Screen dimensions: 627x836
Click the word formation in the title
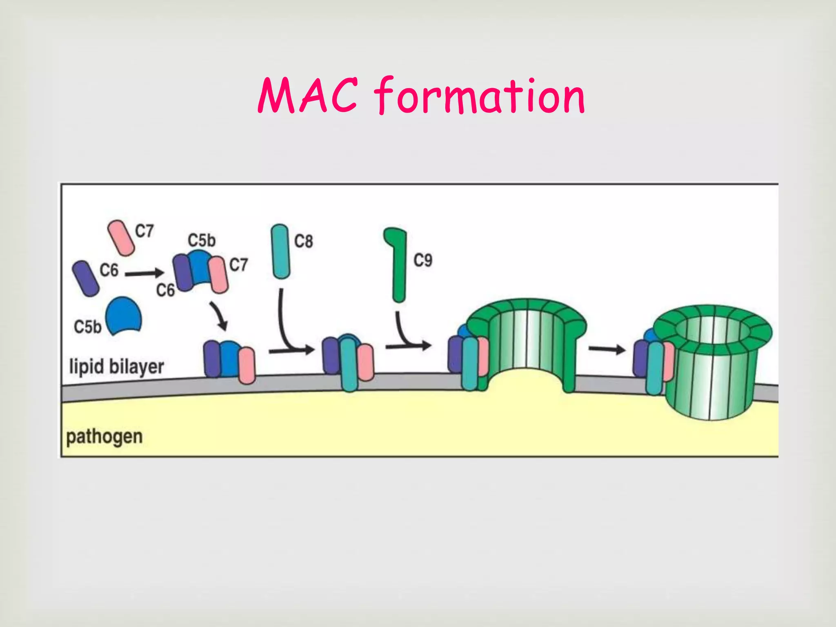pyautogui.click(x=480, y=96)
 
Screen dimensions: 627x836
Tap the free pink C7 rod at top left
pyautogui.click(x=121, y=238)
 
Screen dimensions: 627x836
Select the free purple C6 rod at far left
pyautogui.click(x=85, y=278)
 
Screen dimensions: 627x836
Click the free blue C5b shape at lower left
pyautogui.click(x=123, y=316)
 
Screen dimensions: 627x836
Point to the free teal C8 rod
pyautogui.click(x=280, y=251)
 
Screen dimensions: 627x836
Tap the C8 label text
pyautogui.click(x=304, y=241)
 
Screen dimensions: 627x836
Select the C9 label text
pyautogui.click(x=423, y=260)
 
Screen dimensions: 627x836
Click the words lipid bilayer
pyautogui.click(x=117, y=367)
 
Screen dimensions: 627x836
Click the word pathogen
pyautogui.click(x=104, y=437)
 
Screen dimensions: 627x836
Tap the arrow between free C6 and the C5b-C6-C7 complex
pyautogui.click(x=144, y=274)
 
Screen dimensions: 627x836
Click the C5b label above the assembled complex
pyautogui.click(x=202, y=240)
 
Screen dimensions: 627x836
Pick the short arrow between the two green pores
pyautogui.click(x=607, y=349)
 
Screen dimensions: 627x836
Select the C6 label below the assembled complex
pyautogui.click(x=165, y=290)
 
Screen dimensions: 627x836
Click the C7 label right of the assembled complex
pyautogui.click(x=238, y=265)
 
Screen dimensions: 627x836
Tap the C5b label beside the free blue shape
pyautogui.click(x=87, y=327)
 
